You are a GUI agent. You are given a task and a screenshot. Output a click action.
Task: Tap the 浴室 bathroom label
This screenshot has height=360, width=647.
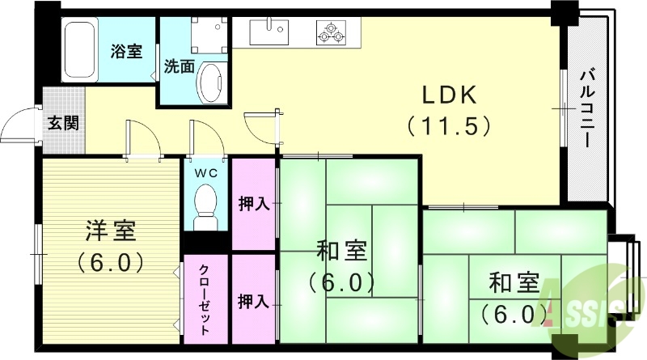click(126, 51)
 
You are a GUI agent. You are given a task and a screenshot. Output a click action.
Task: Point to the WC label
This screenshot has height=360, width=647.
click(205, 172)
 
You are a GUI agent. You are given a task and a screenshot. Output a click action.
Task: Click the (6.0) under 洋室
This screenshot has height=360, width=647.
click(110, 262)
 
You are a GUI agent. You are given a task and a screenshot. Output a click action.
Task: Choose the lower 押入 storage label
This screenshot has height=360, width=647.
click(254, 302)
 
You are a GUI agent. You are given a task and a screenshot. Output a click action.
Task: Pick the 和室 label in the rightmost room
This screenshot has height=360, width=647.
click(514, 283)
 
